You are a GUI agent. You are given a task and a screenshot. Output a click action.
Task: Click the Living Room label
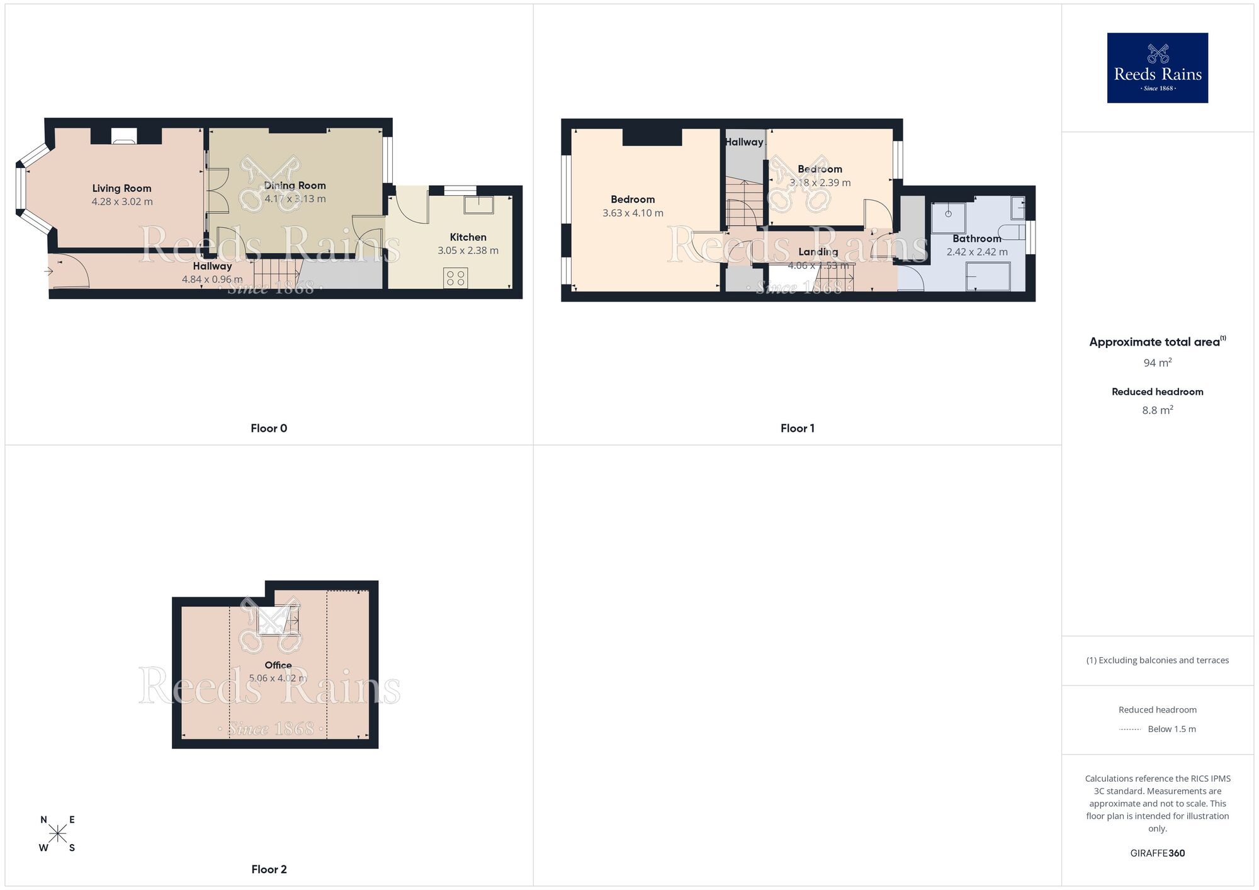[x=121, y=188]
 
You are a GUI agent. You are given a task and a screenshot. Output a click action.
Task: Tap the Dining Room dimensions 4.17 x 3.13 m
[x=295, y=199]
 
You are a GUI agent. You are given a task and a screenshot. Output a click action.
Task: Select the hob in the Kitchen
[x=456, y=278]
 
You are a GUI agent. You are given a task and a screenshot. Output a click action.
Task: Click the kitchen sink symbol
[x=479, y=205]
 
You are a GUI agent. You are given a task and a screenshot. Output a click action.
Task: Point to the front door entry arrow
[x=49, y=271]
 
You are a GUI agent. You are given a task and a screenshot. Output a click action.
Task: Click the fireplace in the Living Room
[x=123, y=136]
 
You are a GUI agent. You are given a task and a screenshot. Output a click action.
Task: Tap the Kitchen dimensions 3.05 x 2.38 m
[x=468, y=251]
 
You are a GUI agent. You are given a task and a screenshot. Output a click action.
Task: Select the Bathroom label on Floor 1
[x=976, y=239]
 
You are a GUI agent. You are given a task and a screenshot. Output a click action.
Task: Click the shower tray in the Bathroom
[x=948, y=217]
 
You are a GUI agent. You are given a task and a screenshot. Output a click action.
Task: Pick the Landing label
[x=818, y=252]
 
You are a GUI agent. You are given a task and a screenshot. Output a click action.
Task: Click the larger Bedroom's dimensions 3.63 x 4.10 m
[x=633, y=213]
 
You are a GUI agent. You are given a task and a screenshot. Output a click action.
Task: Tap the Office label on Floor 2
[x=278, y=665]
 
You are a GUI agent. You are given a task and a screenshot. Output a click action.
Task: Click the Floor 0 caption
[x=269, y=429]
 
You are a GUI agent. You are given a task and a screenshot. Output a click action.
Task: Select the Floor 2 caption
[x=269, y=869]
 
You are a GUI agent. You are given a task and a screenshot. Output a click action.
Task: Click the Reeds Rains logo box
[x=1157, y=68]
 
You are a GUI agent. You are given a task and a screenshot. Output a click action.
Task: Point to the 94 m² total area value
[x=1157, y=363]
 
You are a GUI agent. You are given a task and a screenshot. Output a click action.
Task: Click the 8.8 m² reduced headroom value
[x=1157, y=410]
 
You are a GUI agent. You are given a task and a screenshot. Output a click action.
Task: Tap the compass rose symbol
[x=58, y=834]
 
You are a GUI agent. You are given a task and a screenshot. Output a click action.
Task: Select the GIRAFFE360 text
[x=1157, y=853]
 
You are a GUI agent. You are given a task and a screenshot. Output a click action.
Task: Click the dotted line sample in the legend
[x=1130, y=729]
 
